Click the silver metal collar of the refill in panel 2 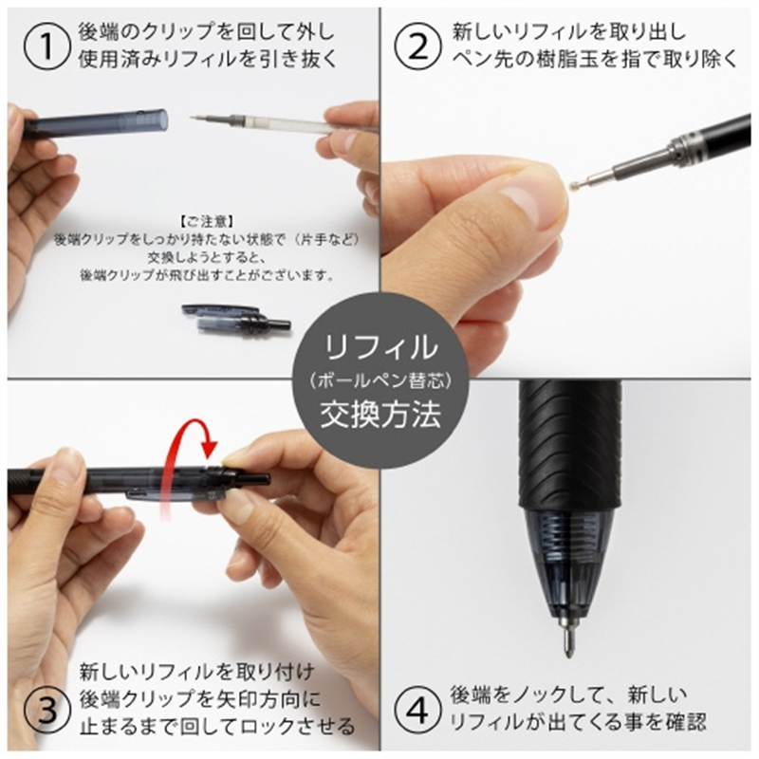685,148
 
